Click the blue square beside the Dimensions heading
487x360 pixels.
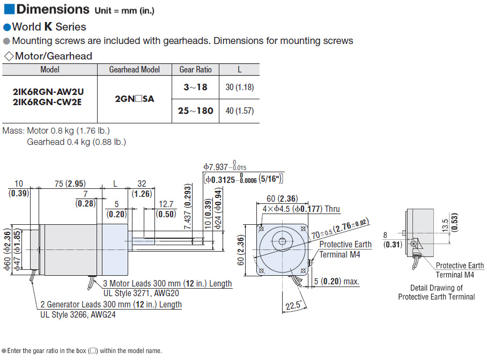(9, 9)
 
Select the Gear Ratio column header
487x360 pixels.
(195, 70)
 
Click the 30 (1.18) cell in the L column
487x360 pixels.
(239, 87)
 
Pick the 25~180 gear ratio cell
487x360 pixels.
(195, 111)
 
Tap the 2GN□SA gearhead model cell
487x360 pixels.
(135, 99)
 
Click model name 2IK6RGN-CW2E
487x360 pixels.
(47, 102)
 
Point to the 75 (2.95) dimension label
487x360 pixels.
(70, 183)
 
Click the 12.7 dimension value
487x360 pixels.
(166, 204)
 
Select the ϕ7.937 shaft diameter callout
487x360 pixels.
(225, 166)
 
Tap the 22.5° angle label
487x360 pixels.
(293, 305)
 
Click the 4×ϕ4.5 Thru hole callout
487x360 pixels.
(301, 209)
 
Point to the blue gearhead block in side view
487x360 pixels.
(115, 249)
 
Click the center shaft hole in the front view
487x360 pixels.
(282, 241)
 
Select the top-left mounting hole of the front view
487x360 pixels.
(261, 229)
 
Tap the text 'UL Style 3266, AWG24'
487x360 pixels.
(78, 314)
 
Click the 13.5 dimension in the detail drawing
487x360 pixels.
(445, 226)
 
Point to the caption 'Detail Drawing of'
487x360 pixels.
(437, 288)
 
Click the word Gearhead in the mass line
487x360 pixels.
(46, 142)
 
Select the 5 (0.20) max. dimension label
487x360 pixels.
(336, 282)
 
